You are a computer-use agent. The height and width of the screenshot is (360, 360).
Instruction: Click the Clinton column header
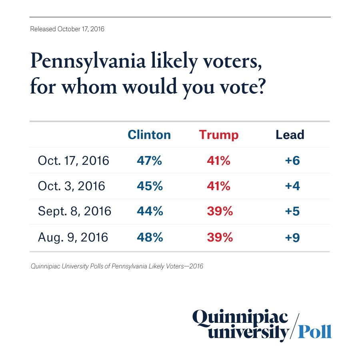point(149,135)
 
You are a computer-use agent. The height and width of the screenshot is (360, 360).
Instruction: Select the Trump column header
point(219,135)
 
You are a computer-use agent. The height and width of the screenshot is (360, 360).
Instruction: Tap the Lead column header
point(290,135)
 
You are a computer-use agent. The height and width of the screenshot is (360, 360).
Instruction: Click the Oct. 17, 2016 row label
point(73,160)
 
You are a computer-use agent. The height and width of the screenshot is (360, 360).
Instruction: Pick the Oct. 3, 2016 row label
point(71,186)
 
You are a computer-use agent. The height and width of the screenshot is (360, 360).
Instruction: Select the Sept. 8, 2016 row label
point(74,212)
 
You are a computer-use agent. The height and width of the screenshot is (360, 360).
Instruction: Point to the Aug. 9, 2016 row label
point(73,237)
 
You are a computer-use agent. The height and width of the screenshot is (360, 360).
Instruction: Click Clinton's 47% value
point(149,160)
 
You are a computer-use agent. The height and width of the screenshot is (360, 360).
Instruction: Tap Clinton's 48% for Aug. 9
point(150,237)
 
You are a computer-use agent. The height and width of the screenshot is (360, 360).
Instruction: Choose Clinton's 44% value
point(150,212)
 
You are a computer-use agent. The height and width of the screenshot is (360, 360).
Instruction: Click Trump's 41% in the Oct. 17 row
point(219,160)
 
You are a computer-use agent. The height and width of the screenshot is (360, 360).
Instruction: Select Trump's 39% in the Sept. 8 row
point(220,212)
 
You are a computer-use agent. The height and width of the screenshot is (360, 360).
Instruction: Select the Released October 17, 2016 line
point(67,29)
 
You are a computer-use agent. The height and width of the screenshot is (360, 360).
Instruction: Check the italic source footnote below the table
point(117,266)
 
